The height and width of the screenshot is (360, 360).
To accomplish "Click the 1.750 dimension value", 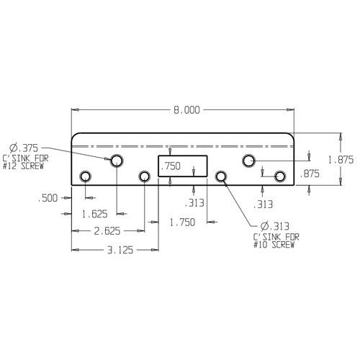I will pos(182,222).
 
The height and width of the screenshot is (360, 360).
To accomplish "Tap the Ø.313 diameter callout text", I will pos(268,227).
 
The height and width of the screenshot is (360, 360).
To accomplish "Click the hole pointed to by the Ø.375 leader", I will pos(116,161).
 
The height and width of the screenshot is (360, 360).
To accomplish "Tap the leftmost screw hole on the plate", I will pos(86,176).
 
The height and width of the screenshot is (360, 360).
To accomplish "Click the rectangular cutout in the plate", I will pos(183,166).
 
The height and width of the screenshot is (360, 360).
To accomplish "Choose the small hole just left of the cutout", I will pos(145,176).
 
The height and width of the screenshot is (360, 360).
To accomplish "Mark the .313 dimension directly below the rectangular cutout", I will pos(194,202).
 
